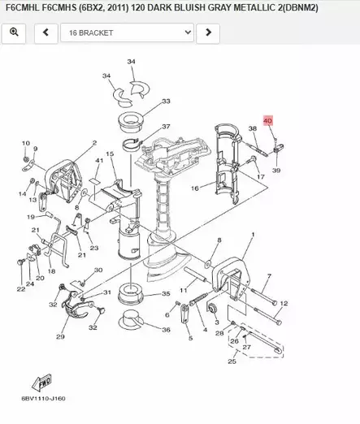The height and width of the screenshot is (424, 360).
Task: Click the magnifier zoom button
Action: (15, 32)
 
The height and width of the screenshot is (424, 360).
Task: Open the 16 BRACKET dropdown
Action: (130, 32)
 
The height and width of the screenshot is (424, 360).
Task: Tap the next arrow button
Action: (209, 32)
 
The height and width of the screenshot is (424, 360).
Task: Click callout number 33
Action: (166, 102)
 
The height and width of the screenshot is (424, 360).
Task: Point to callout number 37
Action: (166, 128)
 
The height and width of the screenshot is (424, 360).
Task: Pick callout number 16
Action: (194, 188)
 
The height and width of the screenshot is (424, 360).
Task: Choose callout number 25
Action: (232, 361)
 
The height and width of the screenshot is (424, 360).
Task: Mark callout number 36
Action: (166, 330)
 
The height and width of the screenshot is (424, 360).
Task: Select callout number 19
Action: (30, 217)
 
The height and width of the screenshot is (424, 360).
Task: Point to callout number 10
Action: (26, 142)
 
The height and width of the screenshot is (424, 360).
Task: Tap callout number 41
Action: (98, 162)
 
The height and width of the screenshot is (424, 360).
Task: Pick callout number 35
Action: (166, 293)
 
